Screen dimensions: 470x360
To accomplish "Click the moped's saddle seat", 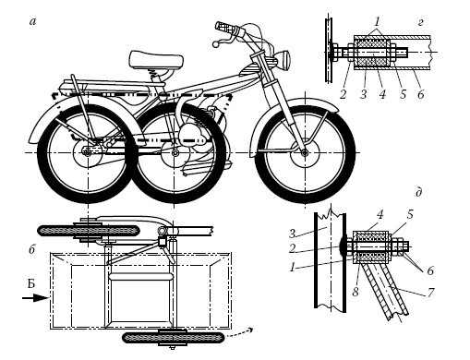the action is click(156, 59).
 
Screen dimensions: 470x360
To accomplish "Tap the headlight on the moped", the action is click(284, 60).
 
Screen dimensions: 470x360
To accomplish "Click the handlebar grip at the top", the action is click(226, 28).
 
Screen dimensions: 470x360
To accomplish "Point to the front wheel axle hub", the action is click(305, 152).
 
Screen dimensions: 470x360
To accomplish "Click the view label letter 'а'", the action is click(32, 21).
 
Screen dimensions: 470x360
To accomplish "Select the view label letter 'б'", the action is click(32, 249).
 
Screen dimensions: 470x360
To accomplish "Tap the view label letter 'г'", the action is click(421, 22).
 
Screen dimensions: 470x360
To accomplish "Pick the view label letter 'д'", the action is click(418, 192).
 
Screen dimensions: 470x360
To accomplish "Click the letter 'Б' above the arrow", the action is click(30, 284).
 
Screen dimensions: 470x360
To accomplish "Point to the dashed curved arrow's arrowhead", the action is click(250, 330).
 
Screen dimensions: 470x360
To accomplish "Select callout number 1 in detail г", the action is click(377, 22).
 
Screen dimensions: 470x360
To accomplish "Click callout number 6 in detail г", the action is click(421, 94).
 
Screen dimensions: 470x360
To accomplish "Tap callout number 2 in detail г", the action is click(343, 94).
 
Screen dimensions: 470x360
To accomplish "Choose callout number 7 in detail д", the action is click(430, 293).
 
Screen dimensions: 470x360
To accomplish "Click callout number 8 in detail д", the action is click(356, 292).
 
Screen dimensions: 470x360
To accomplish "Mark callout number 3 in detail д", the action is click(293, 234).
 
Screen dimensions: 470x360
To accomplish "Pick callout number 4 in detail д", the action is click(380, 214).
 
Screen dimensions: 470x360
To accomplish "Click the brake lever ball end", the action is click(215, 44).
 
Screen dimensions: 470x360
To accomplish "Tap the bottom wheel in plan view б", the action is click(173, 338).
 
